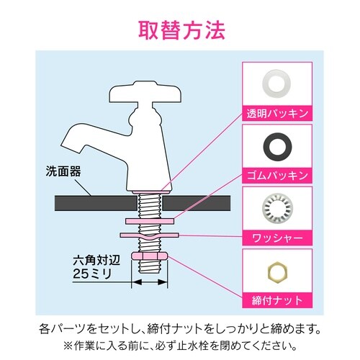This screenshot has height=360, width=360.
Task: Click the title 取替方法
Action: coord(180,31)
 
